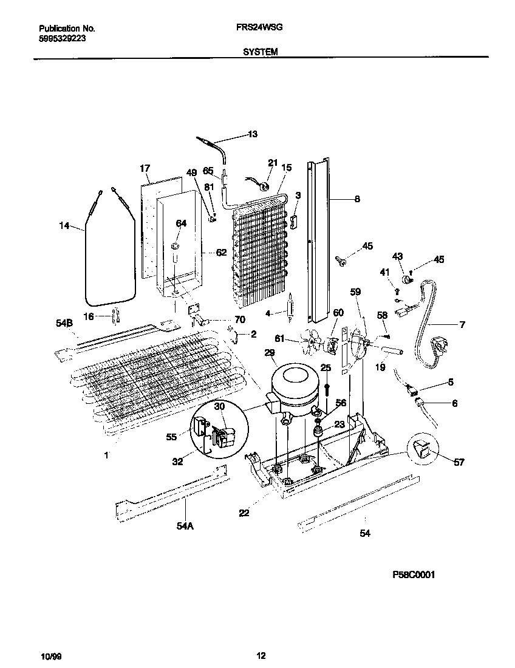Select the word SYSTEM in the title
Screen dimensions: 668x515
[x=261, y=52]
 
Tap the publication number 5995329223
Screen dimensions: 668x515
[x=61, y=38]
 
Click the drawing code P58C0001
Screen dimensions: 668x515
[x=414, y=574]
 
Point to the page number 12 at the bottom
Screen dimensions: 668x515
[x=261, y=656]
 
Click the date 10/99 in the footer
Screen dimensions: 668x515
[x=49, y=656]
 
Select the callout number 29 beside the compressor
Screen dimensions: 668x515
[x=269, y=353]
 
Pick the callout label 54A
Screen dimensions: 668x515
[x=185, y=526]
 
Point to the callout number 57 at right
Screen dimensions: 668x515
[x=459, y=462]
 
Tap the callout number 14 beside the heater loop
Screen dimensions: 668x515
[x=64, y=226]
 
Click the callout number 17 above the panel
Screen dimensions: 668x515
[x=145, y=168]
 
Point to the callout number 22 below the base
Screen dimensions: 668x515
[x=244, y=514]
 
